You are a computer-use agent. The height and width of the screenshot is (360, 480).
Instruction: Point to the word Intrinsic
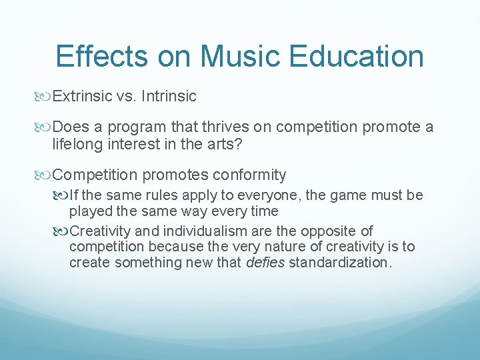(x=171, y=97)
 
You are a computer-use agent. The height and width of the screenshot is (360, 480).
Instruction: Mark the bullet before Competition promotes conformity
(x=45, y=176)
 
